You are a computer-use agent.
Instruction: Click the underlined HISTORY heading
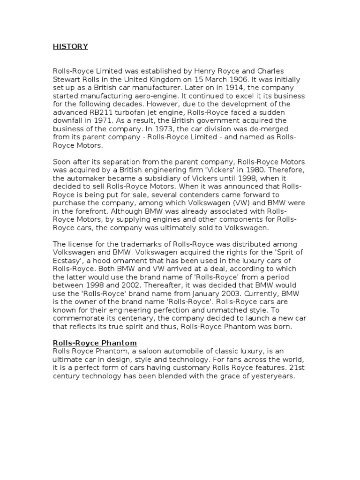click(70, 46)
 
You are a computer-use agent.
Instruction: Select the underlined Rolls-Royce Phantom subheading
click(95, 343)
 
